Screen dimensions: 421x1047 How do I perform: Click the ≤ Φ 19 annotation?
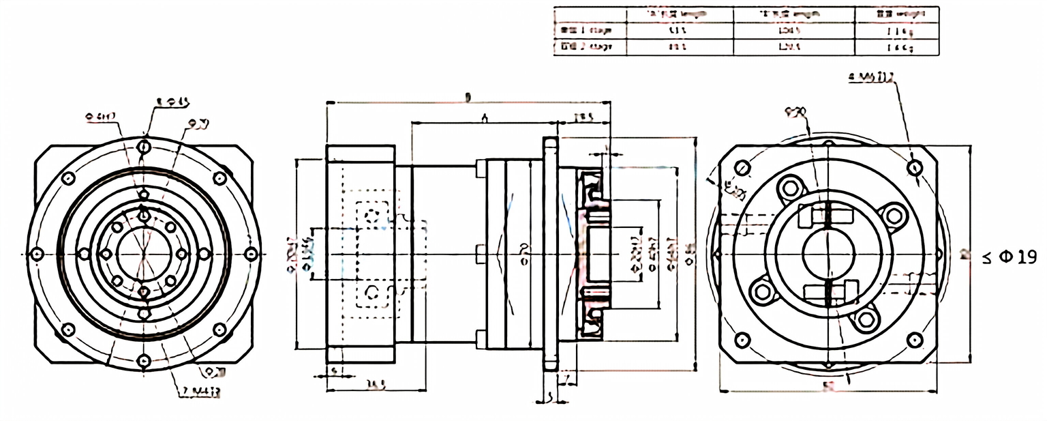[x=1010, y=257]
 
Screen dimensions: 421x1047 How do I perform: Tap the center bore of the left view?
[x=144, y=254]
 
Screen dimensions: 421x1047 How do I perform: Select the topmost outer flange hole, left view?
[x=144, y=147]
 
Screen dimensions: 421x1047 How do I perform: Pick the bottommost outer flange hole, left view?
[x=144, y=361]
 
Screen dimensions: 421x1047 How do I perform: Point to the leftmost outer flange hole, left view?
[x=37, y=254]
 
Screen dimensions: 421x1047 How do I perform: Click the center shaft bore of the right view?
[x=828, y=254]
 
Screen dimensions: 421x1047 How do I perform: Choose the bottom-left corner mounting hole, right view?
[x=742, y=339]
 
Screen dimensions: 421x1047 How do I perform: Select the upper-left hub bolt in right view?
[x=791, y=188]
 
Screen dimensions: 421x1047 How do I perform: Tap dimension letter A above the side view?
[x=483, y=118]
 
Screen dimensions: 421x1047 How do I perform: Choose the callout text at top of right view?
[x=871, y=78]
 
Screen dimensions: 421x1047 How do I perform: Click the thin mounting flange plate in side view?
[x=551, y=254]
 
